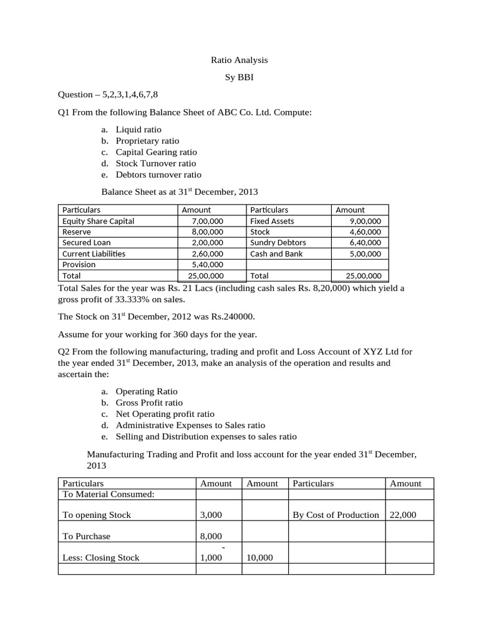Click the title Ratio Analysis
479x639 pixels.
coord(239,60)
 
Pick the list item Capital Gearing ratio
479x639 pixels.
coord(156,152)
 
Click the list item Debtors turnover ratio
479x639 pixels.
coord(158,175)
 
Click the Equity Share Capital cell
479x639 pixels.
coord(99,221)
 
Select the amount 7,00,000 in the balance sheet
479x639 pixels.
coord(208,221)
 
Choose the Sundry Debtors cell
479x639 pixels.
coord(278,242)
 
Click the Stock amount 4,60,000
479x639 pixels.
coord(365,232)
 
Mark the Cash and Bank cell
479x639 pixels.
coord(276,253)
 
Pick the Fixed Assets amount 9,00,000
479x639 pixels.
coord(365,221)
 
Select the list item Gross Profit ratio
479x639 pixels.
coord(150,402)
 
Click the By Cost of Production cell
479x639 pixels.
coord(336,515)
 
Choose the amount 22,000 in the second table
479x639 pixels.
coord(403,515)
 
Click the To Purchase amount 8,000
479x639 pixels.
coord(211,536)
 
